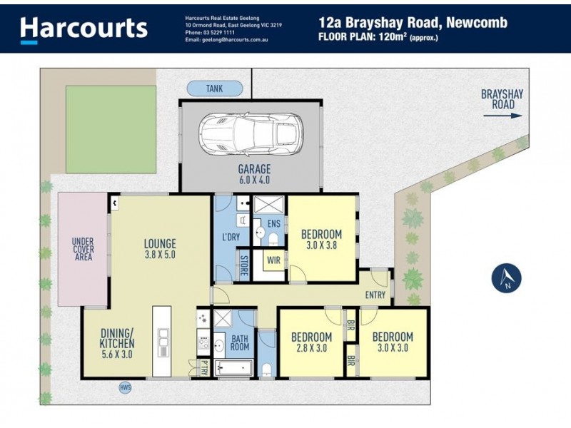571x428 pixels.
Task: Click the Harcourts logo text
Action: coord(84,28)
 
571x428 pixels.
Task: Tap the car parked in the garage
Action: coord(248,131)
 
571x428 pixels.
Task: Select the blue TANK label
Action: coord(214,88)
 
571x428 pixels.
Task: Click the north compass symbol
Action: coord(507,277)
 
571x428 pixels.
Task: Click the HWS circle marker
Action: coord(126,388)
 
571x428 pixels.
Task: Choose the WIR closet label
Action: coord(273,261)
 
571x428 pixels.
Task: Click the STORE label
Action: coord(243,261)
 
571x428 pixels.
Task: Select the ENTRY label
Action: coord(375,295)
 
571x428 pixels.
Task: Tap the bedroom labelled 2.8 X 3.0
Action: coord(311,342)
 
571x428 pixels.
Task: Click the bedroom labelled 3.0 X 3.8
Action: coord(320,239)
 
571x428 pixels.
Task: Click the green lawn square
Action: coord(111,129)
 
